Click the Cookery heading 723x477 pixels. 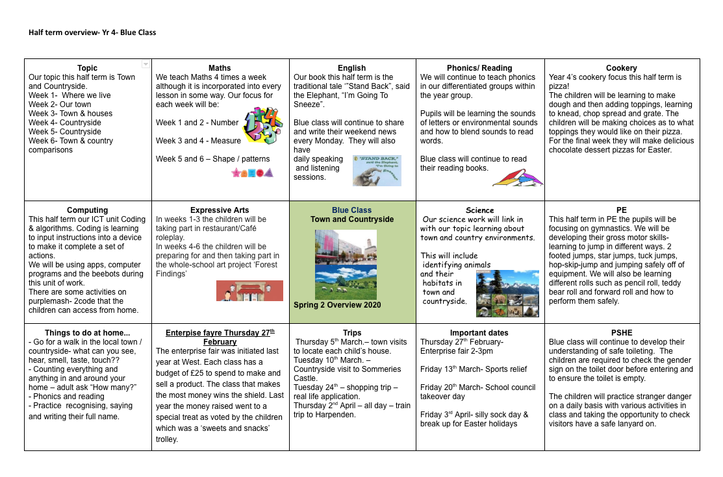coord(621,68)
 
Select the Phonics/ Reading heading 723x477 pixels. coord(479,68)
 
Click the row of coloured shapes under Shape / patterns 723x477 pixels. coord(252,173)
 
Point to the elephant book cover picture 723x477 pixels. coord(377,170)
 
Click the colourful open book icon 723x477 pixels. coord(517,177)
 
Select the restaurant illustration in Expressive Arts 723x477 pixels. coord(249,291)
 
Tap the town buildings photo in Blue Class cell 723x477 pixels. coord(345,246)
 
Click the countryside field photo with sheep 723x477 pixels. coord(345,282)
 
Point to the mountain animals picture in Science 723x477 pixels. coord(507,293)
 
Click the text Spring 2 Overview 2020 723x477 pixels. coord(337,305)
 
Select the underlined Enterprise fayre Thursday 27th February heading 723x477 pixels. coord(220,337)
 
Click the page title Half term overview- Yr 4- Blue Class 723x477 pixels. coord(92,32)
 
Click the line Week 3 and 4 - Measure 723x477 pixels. coord(198,141)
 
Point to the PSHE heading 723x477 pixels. coord(621,333)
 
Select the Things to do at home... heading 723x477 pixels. coord(88,333)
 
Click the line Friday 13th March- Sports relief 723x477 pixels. coord(473,369)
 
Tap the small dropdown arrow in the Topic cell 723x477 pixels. coord(146,64)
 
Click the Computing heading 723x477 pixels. coord(88,210)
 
